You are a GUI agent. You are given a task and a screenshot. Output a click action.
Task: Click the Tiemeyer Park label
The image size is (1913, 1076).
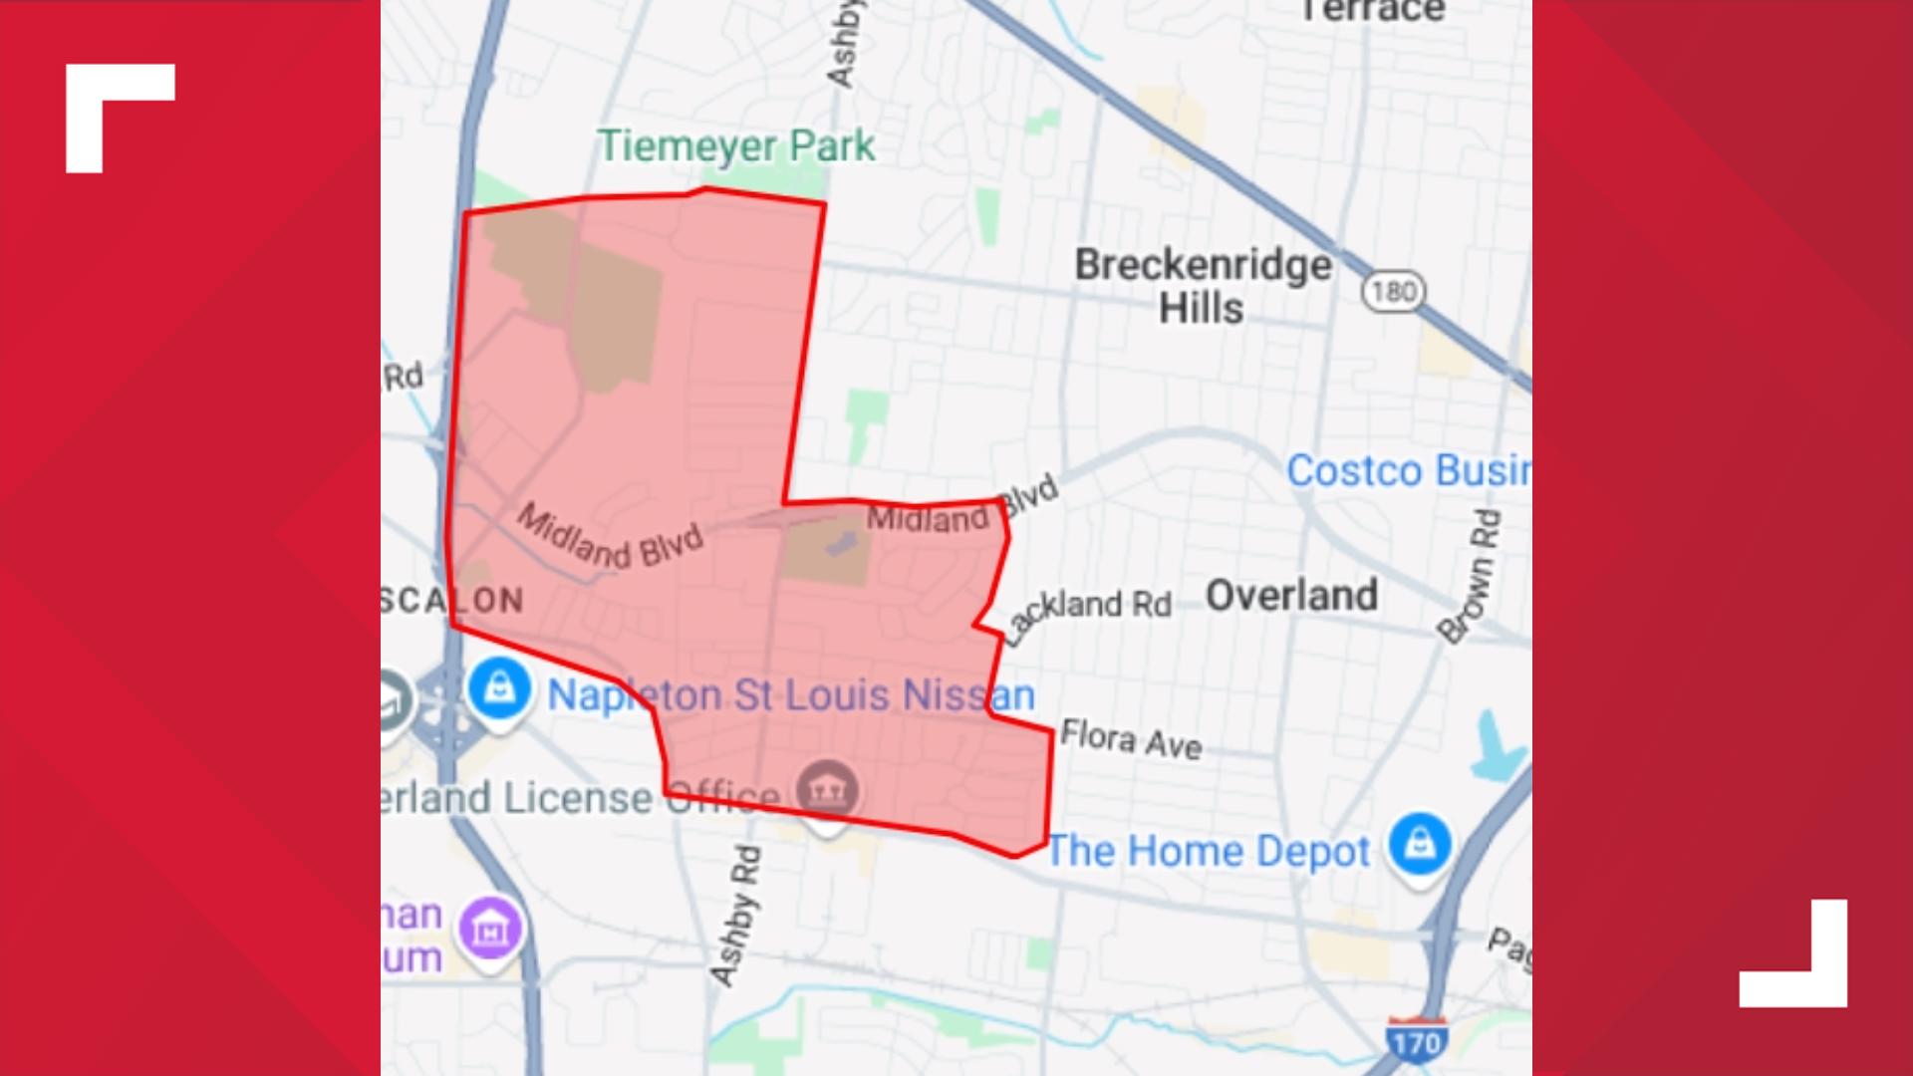coord(735,146)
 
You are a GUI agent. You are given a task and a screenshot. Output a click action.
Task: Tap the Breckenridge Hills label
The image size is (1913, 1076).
coord(1203,286)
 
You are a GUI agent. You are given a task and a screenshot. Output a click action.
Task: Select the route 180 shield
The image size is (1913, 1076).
coord(1393,291)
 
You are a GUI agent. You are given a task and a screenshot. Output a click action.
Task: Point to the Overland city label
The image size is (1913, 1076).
coord(1292,595)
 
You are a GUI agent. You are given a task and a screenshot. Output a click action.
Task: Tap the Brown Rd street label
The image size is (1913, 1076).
coord(1470,576)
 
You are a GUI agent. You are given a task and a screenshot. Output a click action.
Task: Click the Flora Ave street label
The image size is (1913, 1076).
coord(1131,739)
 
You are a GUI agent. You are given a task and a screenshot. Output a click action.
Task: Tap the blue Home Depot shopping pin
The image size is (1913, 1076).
coord(1420,843)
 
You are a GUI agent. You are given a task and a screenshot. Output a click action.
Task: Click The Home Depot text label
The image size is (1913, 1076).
coord(1208,852)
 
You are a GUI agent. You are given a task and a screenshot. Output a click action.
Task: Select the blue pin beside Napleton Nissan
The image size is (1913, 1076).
coord(499,686)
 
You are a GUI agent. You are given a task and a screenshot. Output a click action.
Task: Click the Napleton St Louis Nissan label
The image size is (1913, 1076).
coord(791,694)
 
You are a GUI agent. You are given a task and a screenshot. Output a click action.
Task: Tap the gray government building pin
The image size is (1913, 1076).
coord(827,788)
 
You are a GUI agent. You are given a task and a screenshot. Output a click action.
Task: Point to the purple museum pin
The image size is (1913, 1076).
coord(490,928)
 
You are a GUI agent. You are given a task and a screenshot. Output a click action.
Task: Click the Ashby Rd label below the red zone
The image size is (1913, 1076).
coord(737,915)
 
